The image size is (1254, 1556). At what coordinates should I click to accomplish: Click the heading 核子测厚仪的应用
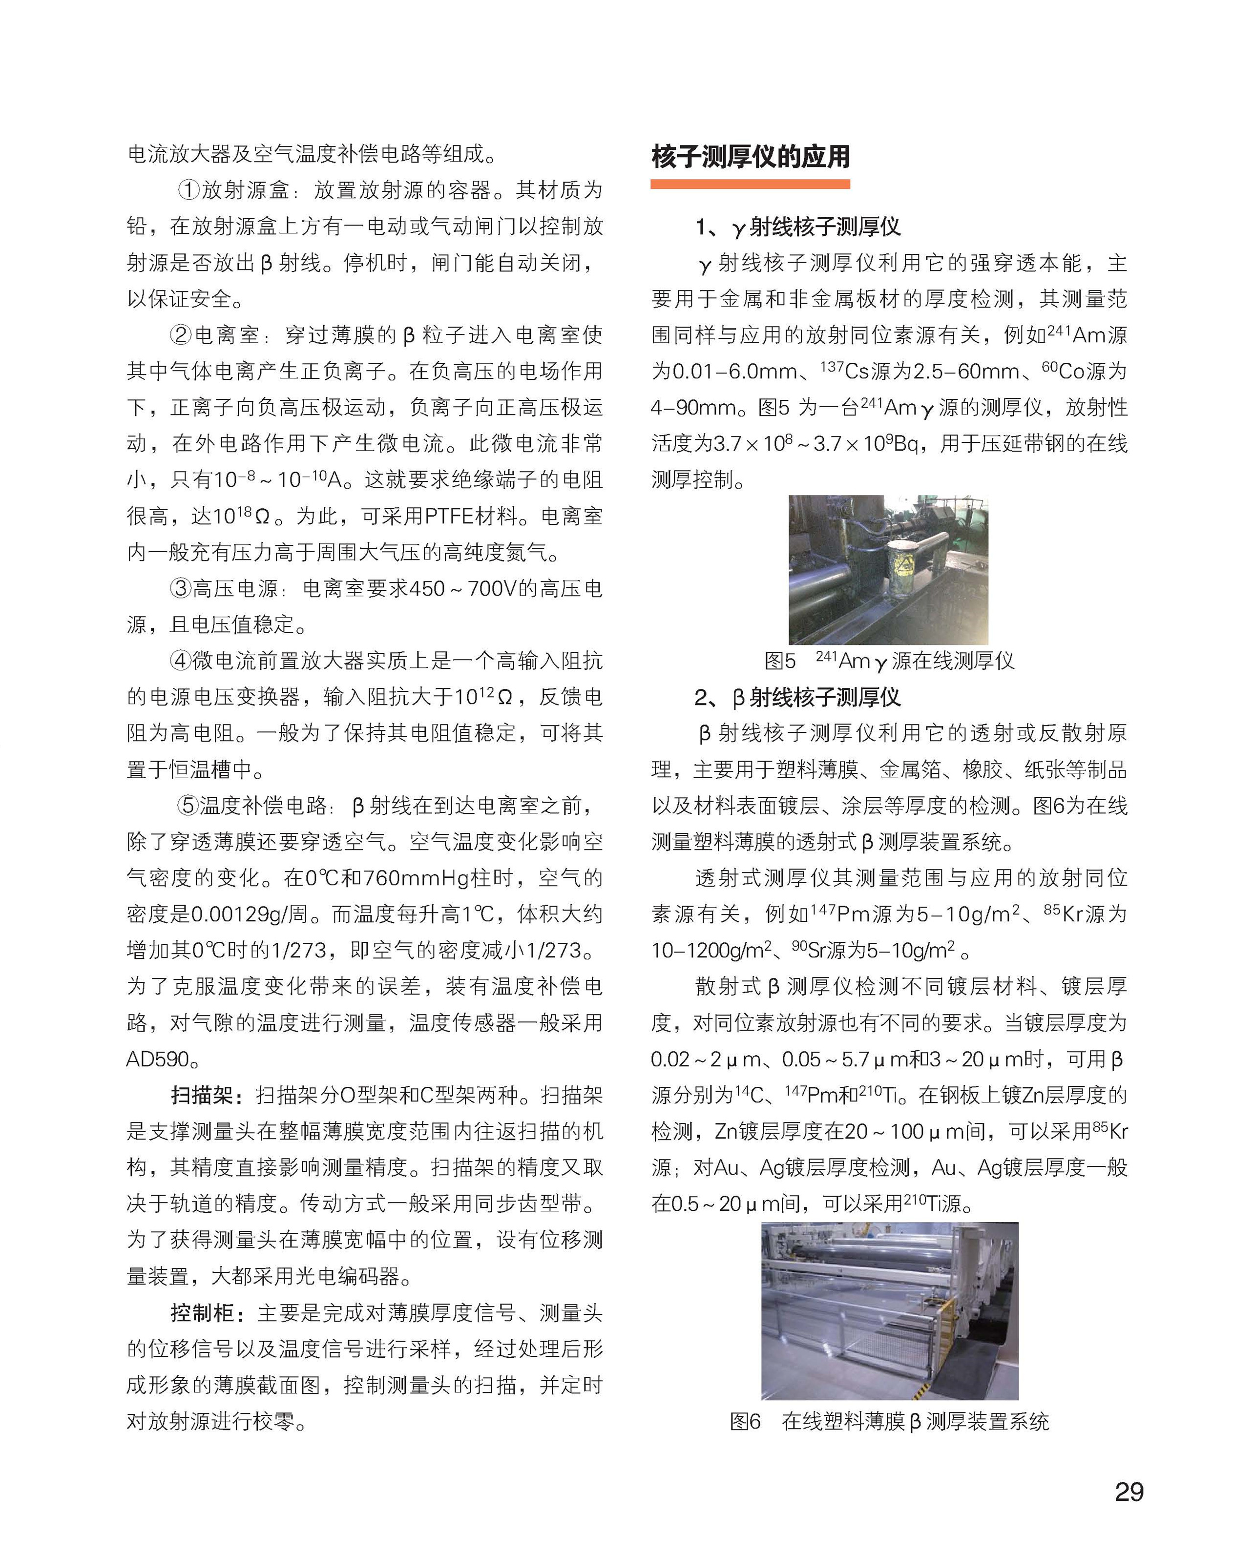(x=750, y=157)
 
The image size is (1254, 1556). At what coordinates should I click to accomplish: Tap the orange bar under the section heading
(x=750, y=185)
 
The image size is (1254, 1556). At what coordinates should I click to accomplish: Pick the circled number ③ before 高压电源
(x=181, y=588)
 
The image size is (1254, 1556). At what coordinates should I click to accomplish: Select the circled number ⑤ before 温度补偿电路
(x=188, y=806)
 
